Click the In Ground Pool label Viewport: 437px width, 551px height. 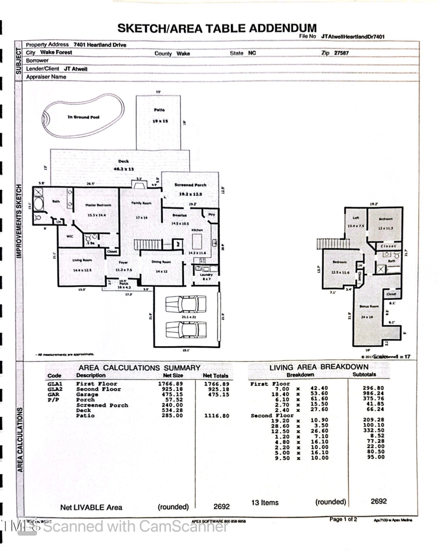click(x=83, y=117)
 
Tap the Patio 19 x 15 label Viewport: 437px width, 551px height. click(x=160, y=115)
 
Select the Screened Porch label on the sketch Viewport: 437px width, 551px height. click(x=191, y=185)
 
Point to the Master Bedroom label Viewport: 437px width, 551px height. click(x=98, y=205)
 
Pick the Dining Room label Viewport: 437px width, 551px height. click(x=161, y=262)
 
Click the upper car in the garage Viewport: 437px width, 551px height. click(x=186, y=304)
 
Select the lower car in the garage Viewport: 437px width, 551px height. click(x=186, y=329)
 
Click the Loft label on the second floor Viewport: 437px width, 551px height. click(x=356, y=218)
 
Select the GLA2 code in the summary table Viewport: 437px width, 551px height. click(x=55, y=389)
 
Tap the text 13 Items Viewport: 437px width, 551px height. click(x=265, y=502)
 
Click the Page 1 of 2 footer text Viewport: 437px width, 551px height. click(x=343, y=519)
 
